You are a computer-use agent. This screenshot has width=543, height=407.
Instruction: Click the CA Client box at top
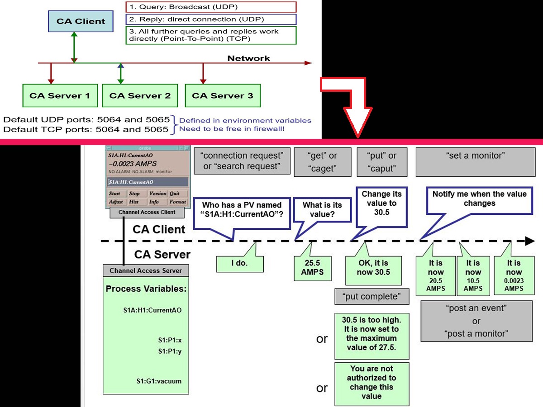(81, 21)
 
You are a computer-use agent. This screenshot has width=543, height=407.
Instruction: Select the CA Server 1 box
(60, 95)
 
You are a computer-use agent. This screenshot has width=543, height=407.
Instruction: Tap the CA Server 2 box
(140, 95)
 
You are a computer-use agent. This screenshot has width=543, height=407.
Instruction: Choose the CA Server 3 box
(223, 95)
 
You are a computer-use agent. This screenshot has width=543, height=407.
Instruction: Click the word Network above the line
(248, 58)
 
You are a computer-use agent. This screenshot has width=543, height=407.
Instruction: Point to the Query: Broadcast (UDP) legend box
(210, 7)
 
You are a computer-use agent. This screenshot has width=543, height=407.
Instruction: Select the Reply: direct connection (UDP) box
(210, 19)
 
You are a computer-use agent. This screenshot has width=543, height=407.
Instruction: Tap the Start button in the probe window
(115, 194)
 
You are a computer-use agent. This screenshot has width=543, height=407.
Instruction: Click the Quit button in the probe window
(175, 194)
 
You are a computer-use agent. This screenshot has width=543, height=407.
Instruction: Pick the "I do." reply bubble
(240, 263)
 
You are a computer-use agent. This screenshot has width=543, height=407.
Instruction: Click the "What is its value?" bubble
(322, 209)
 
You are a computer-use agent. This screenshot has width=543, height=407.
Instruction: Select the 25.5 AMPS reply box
(312, 268)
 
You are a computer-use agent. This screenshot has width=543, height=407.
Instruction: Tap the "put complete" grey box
(372, 297)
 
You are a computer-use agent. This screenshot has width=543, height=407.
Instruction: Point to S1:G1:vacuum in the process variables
(159, 381)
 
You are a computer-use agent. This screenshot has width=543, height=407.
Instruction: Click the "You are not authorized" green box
(372, 383)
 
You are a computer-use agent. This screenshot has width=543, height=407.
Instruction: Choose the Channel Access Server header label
(146, 271)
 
